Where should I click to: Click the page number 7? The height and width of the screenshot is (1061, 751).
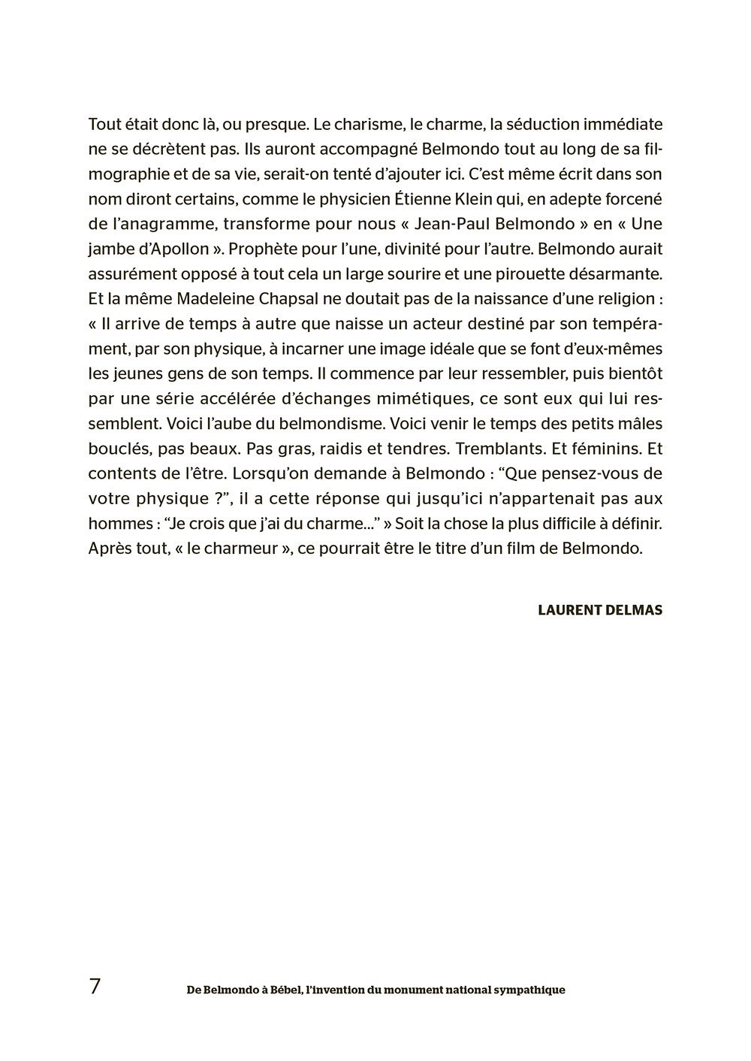pos(95,987)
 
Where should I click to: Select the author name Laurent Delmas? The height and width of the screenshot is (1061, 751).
pos(600,610)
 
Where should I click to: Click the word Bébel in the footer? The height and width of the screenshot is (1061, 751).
pos(276,990)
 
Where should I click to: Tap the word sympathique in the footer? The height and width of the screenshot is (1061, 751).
pos(529,990)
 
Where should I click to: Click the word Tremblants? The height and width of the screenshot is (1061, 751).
pos(497,449)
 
